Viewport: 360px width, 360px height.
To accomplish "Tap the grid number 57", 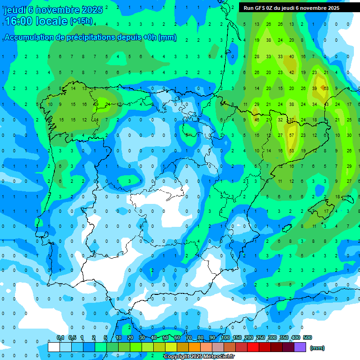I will click(x=292, y=135).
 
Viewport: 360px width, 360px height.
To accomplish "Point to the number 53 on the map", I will click(x=292, y=150).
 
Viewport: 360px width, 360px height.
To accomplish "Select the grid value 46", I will click(x=257, y=120).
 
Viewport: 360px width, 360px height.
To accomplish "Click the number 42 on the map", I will click(x=292, y=72).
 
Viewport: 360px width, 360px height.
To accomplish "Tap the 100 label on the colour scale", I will click(x=225, y=337).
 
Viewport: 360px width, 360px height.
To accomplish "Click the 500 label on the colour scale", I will click(x=307, y=337).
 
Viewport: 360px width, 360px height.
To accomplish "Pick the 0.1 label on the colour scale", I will click(x=60, y=337).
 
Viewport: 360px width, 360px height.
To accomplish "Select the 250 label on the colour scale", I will click(x=261, y=337).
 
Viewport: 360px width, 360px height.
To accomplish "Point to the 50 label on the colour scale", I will click(x=165, y=337).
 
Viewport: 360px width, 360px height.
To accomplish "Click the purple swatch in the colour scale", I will click(x=300, y=347).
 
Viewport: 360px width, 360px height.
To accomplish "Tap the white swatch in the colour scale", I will click(x=54, y=347).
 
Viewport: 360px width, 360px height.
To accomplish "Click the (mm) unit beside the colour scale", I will click(x=317, y=348).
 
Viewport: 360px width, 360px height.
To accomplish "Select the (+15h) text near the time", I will click(x=81, y=21).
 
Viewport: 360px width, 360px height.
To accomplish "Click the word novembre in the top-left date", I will click(x=56, y=10).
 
